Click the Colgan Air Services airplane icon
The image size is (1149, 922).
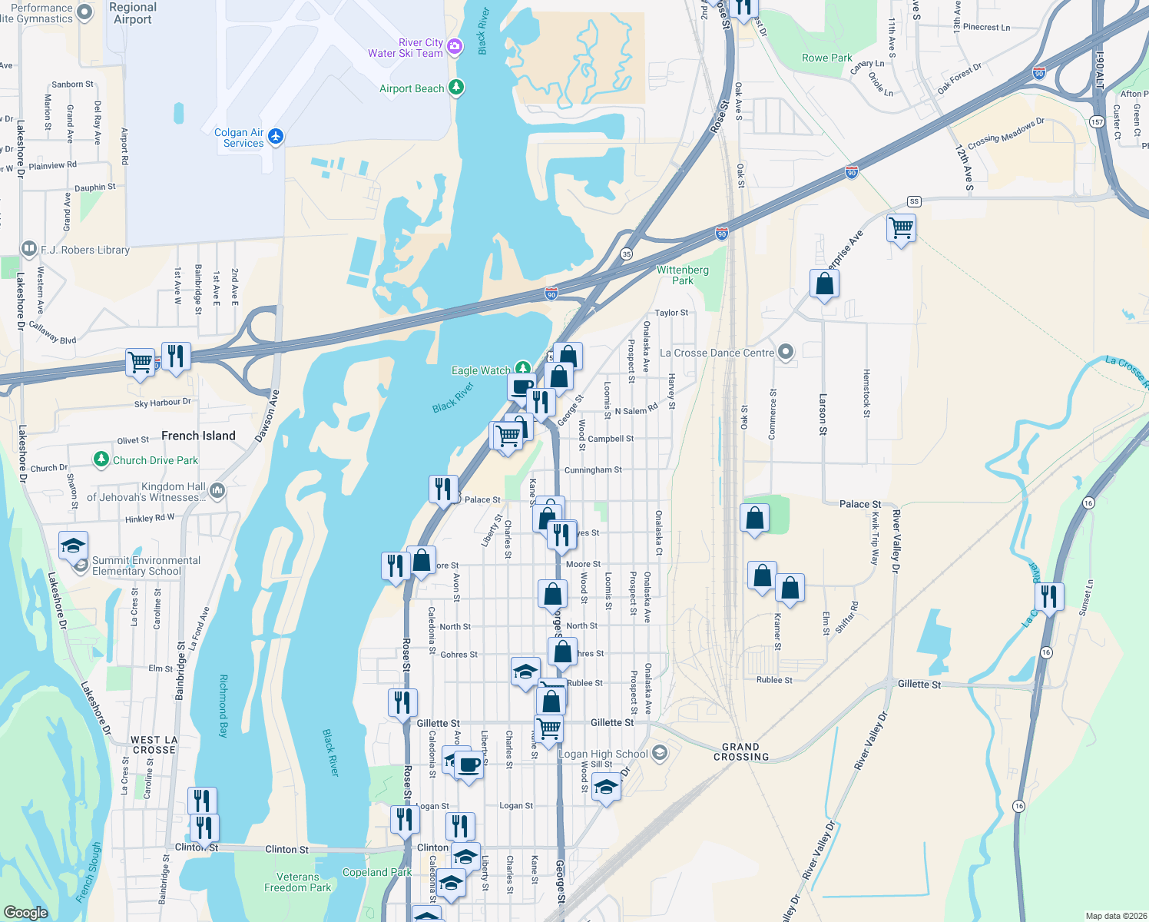276,137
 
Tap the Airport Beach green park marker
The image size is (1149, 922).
456,87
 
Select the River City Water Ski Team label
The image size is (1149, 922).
406,48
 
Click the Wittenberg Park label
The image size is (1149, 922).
682,275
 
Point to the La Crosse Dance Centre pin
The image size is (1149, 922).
785,352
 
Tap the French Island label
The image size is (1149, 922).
198,436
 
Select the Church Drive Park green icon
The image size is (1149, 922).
101,459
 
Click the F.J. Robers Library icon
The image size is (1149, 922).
28,248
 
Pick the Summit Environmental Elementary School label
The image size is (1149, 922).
146,565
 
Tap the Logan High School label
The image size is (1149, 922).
603,754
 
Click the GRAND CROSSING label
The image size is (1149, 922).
740,751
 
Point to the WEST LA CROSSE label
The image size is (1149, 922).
154,745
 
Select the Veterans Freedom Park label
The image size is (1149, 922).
297,882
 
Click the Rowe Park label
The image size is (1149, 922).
826,58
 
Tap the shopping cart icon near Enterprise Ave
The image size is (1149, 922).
901,227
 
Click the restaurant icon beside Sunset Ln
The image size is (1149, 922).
1048,596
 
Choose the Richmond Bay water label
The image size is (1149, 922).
224,705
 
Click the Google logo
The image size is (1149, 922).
26,912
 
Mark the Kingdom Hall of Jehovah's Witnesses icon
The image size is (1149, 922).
217,490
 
